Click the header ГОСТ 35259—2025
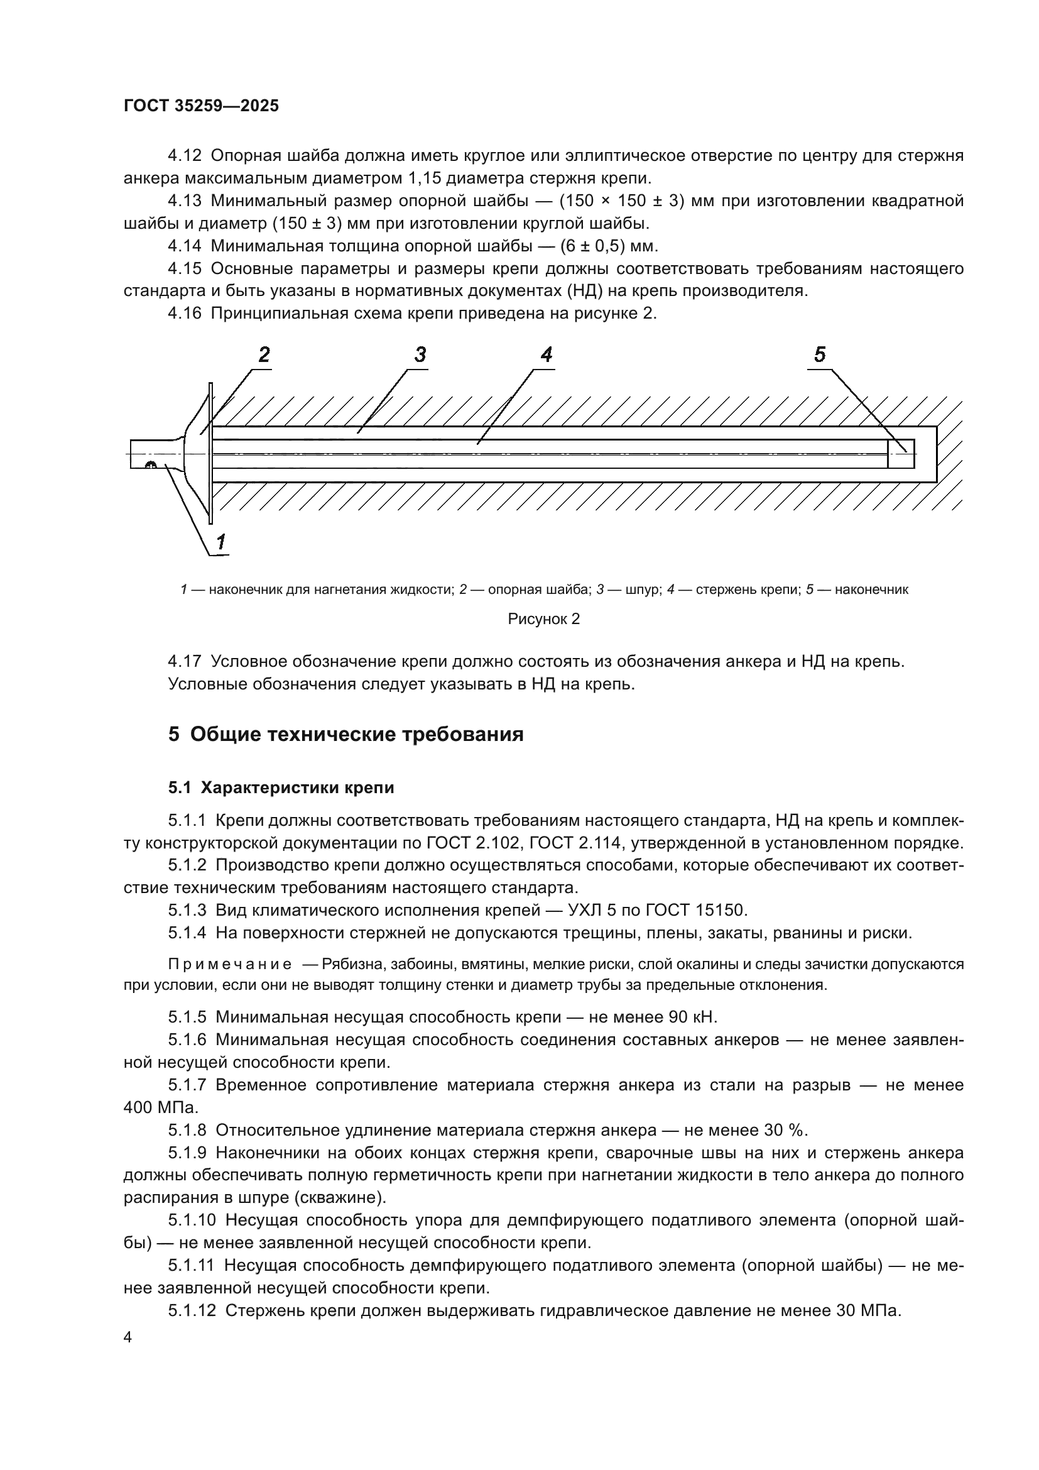[x=201, y=106]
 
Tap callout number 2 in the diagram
[x=264, y=354]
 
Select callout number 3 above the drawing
[x=420, y=354]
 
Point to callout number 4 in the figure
[x=546, y=354]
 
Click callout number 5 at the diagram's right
[x=820, y=354]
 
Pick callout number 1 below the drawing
[x=220, y=542]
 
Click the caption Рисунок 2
[x=543, y=619]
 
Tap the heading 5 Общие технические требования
[x=346, y=733]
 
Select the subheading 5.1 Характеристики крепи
[x=281, y=788]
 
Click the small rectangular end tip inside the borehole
[x=901, y=454]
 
